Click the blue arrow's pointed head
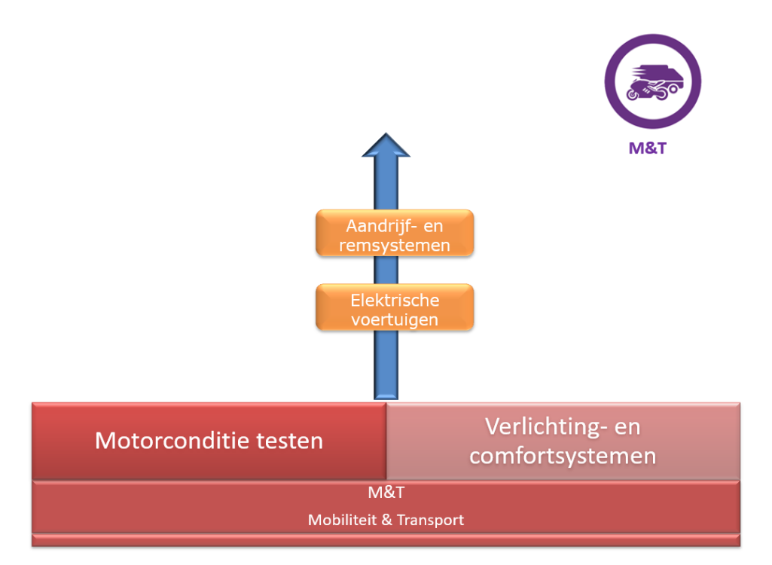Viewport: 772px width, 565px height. coord(386,145)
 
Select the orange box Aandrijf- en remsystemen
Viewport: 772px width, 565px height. coord(395,234)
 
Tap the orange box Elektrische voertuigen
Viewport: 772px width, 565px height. coord(395,307)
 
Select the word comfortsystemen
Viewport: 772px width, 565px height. coord(563,456)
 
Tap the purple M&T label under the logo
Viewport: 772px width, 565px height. coord(648,148)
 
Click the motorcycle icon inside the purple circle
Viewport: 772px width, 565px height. coord(652,82)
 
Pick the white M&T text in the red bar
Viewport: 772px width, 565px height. coord(386,493)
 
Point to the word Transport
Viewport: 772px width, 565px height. coord(430,520)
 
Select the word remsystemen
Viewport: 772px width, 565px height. coord(395,245)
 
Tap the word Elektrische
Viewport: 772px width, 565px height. coord(395,300)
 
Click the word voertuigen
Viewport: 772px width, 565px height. coord(395,319)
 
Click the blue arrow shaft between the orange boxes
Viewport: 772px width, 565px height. coord(386,270)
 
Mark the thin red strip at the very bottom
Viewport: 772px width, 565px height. coord(386,539)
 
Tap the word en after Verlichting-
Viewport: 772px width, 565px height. coord(627,426)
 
